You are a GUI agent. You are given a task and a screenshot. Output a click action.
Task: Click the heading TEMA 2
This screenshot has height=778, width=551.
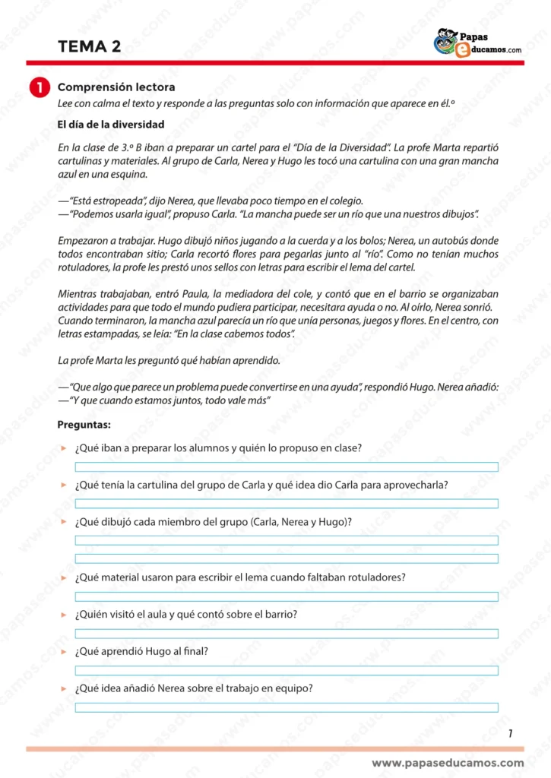89,47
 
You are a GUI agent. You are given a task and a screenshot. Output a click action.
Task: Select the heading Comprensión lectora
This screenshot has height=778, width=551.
116,87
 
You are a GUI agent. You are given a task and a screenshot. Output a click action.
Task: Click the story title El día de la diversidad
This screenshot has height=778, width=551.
111,125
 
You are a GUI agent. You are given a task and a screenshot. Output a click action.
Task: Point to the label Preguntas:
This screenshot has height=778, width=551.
84,425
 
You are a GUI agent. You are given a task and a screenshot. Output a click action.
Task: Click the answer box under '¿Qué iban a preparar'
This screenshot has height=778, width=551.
286,466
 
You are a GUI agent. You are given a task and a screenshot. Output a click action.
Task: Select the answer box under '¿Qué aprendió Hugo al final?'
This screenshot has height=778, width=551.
286,670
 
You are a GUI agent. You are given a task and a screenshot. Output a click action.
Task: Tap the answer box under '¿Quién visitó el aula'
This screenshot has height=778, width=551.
286,634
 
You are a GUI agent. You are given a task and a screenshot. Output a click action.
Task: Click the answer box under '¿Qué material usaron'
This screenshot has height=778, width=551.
286,596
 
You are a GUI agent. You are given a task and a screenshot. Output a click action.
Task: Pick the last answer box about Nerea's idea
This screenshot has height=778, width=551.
286,707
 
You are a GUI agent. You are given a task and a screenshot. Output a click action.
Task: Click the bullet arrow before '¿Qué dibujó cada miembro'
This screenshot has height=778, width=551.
64,522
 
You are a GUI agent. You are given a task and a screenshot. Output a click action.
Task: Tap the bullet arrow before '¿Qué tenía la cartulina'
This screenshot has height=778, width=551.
64,485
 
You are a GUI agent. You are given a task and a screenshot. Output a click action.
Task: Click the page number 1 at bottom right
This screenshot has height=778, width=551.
510,733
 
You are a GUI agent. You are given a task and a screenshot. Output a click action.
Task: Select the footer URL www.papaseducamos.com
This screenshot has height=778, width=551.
448,763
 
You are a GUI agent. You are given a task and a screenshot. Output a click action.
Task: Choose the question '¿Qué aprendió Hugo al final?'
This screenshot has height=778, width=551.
141,651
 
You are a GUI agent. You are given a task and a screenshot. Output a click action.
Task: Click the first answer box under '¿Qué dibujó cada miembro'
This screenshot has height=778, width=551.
286,540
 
